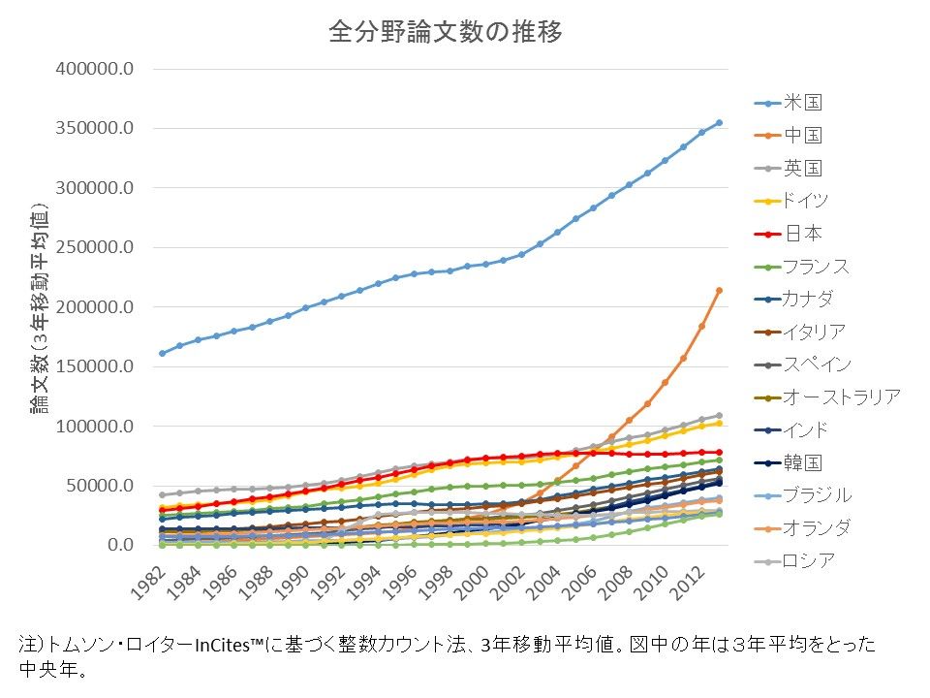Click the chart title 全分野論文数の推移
coord(446,32)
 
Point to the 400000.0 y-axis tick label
coord(95,70)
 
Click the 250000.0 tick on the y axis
coord(95,248)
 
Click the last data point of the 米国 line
coord(719,123)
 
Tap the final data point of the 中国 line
coord(719,290)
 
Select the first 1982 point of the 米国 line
coord(162,353)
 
